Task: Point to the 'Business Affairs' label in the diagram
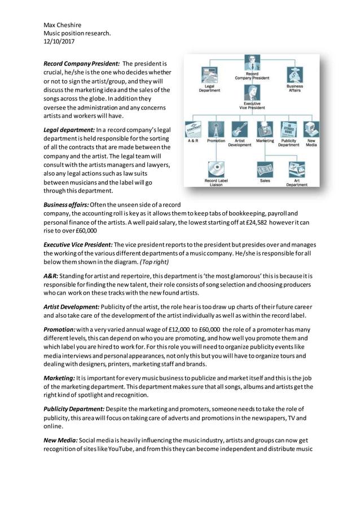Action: point(295,88)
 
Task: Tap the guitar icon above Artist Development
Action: point(240,129)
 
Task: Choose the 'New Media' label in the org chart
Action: point(311,143)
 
